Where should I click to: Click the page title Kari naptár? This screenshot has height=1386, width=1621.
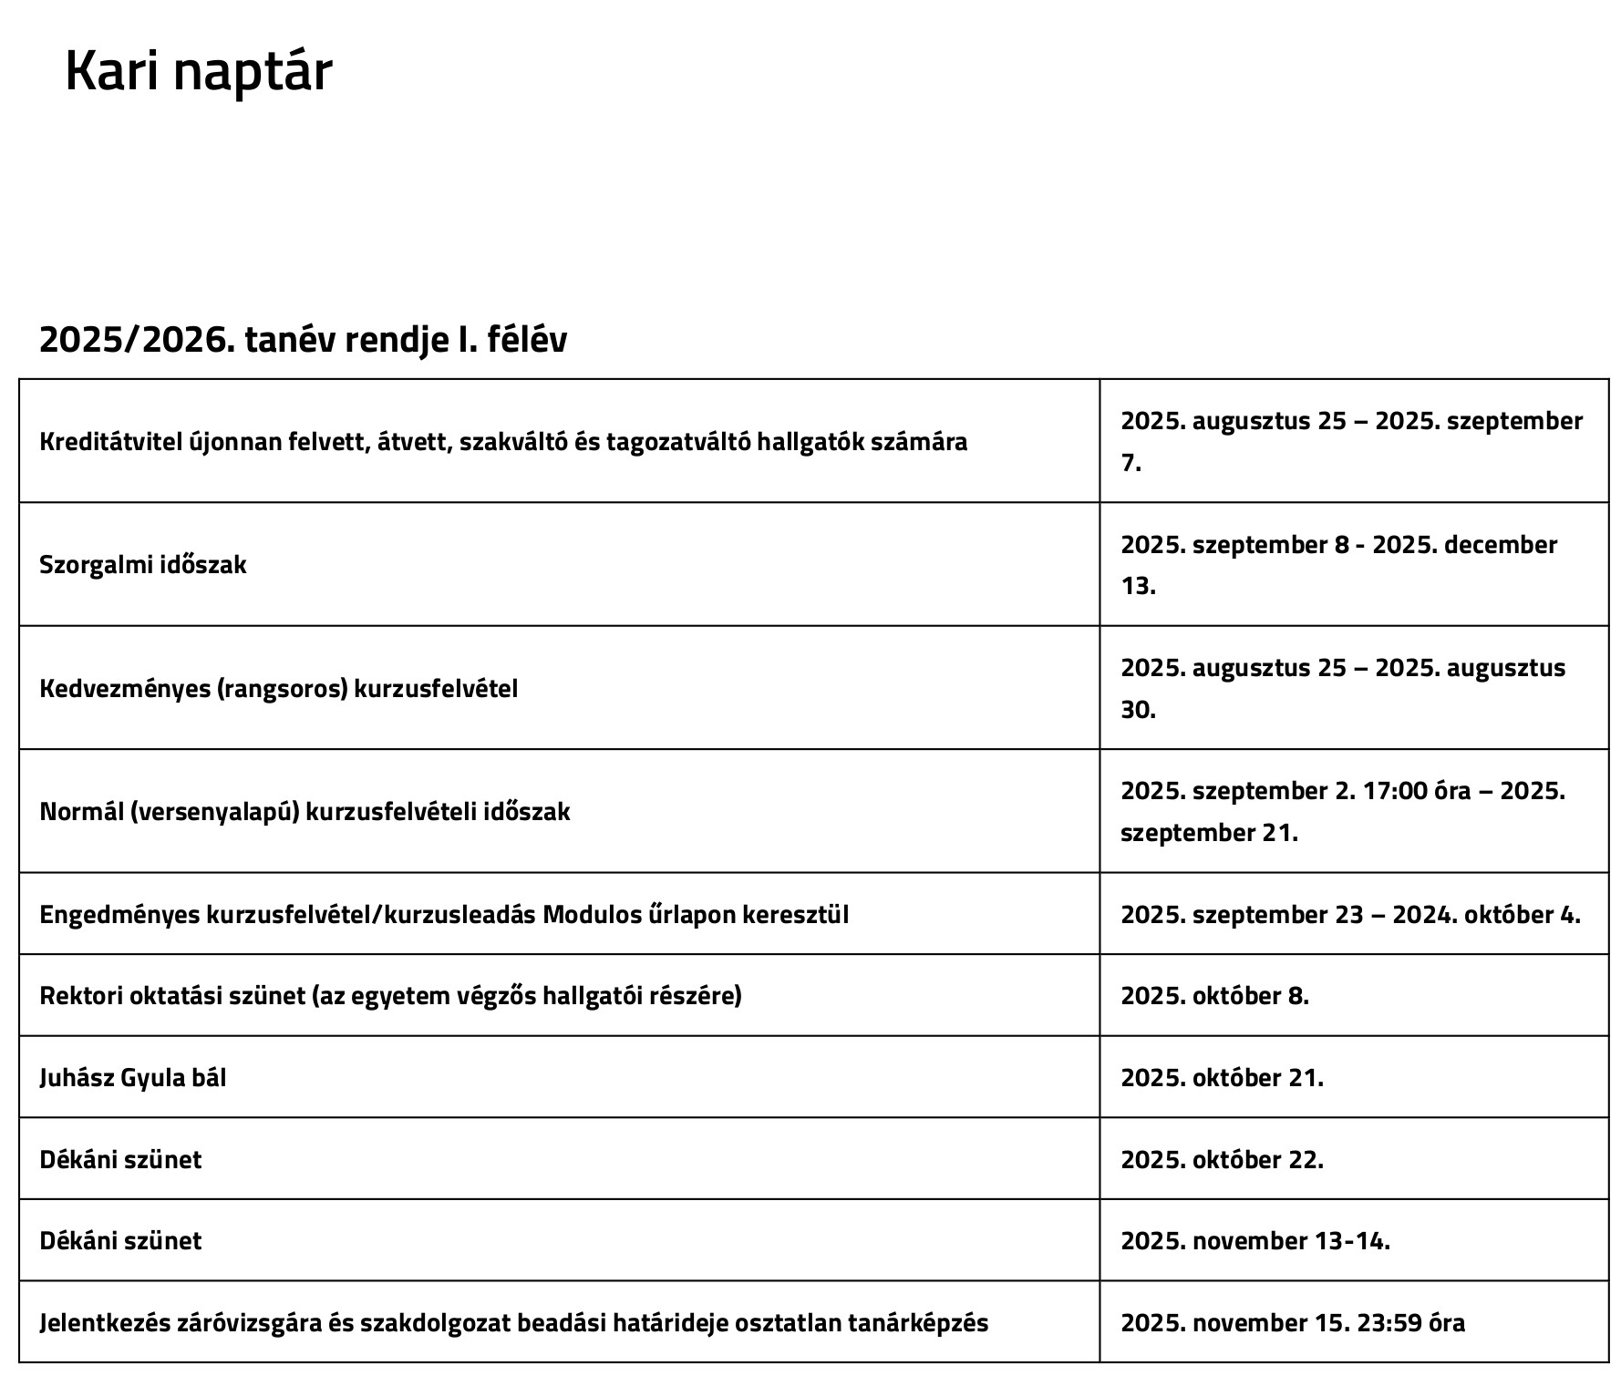click(198, 71)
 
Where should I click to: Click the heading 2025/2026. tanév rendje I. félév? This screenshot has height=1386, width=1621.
click(303, 340)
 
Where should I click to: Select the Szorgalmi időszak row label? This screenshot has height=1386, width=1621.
click(143, 565)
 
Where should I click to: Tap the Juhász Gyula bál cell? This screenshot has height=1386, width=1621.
click(133, 1078)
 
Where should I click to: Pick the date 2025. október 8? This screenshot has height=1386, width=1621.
click(1214, 996)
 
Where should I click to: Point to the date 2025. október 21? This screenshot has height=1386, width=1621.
click(1222, 1078)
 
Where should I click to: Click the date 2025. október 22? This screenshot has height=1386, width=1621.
click(1222, 1160)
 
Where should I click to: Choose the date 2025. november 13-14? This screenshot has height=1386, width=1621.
click(1255, 1241)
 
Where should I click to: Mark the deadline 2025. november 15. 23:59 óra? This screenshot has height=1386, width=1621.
click(1293, 1323)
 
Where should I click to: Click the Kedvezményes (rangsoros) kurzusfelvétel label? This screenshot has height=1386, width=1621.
click(278, 688)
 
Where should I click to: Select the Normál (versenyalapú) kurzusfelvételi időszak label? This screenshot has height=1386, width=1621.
click(305, 811)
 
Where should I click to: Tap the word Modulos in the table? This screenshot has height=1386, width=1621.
click(593, 914)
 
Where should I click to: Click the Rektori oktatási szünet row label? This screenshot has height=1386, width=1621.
click(390, 996)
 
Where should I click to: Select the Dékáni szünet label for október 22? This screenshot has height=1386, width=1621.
click(120, 1160)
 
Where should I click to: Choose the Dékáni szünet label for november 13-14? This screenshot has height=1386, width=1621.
click(120, 1241)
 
